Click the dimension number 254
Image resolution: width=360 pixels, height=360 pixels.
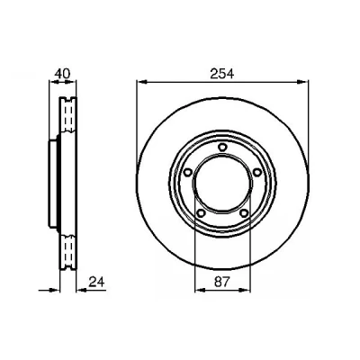pyautogui.click(x=222, y=74)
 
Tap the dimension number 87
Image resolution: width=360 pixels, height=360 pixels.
pyautogui.click(x=222, y=282)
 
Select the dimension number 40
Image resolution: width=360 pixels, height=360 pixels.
pyautogui.click(x=62, y=73)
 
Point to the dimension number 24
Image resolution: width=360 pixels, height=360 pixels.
pyautogui.click(x=96, y=282)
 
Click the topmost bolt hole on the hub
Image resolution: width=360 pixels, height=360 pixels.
pyautogui.click(x=222, y=147)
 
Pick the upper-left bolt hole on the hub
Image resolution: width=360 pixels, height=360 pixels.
pyautogui.click(x=187, y=172)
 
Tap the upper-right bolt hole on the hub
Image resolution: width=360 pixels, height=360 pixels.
pyautogui.click(x=257, y=172)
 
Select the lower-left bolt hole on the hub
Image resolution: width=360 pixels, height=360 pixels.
pyautogui.click(x=201, y=213)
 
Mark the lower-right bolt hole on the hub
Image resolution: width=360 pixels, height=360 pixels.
pyautogui.click(x=244, y=213)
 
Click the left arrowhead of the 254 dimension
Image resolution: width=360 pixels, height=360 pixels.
pyautogui.click(x=141, y=82)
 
